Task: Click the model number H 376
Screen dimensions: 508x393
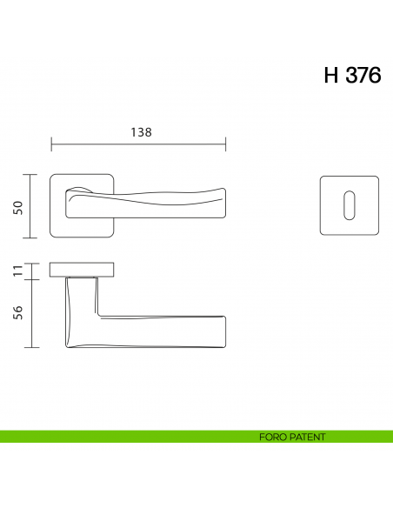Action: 352,76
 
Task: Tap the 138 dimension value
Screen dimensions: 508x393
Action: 141,133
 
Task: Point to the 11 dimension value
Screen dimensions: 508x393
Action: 17,271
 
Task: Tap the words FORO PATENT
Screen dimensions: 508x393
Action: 292,437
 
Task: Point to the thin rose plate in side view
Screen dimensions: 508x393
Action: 83,267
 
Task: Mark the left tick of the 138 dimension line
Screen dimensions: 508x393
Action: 51,144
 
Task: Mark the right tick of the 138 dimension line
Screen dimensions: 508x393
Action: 226,144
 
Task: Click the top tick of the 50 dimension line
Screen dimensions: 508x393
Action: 31,175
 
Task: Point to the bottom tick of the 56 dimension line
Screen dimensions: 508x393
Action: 31,347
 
